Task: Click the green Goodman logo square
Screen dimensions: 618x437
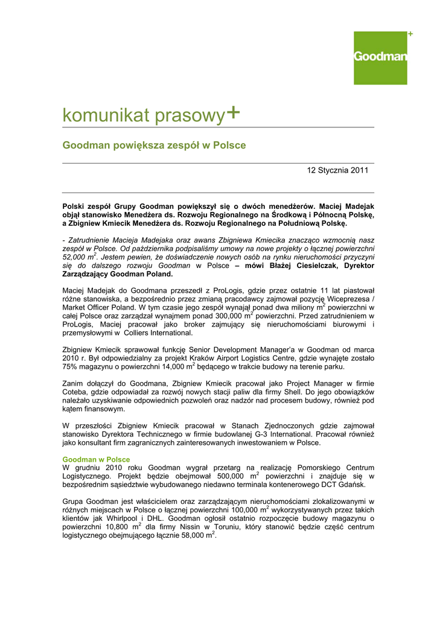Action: click(380, 58)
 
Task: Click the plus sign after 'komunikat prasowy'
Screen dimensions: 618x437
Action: click(232, 112)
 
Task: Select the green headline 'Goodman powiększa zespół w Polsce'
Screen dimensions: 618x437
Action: click(155, 145)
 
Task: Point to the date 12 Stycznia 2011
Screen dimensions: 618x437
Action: click(337, 171)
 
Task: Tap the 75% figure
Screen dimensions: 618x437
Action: click(70, 366)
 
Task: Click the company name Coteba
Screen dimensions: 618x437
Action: click(75, 392)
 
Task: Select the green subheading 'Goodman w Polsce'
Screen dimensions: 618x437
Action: click(96, 459)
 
